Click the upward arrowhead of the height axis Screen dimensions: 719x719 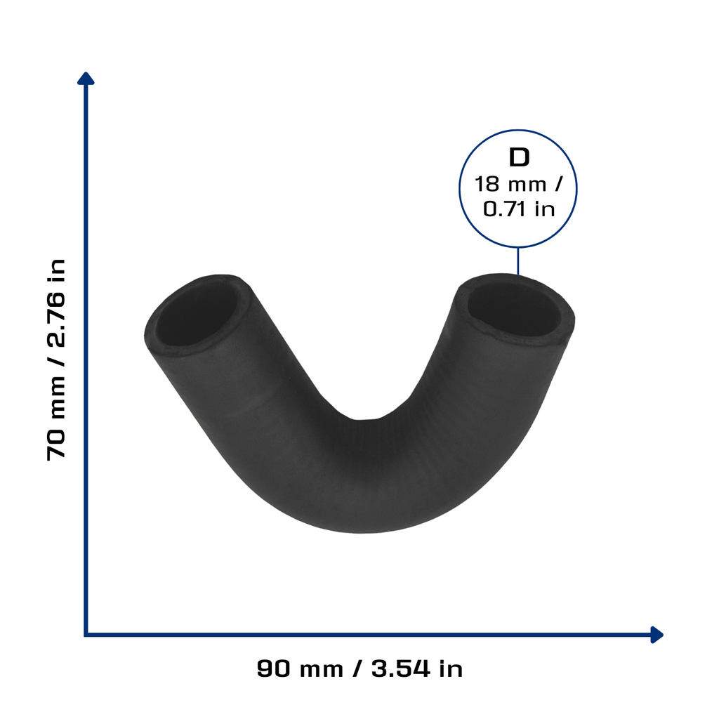click(x=86, y=79)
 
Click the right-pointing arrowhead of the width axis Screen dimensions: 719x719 click(x=657, y=635)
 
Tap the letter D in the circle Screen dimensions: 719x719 click(x=519, y=157)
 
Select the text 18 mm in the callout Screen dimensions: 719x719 click(x=510, y=185)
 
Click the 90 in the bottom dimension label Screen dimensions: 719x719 click(x=274, y=668)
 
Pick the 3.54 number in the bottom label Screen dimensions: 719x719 click(x=401, y=668)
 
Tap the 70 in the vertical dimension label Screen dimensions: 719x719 click(x=56, y=444)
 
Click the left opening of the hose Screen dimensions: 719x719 click(x=198, y=317)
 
